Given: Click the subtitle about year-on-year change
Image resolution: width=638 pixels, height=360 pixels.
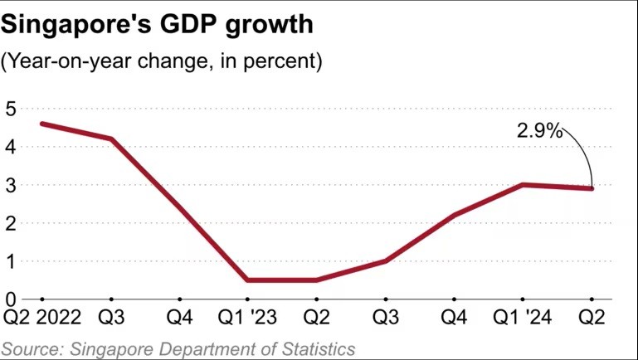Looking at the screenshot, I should click(x=162, y=61).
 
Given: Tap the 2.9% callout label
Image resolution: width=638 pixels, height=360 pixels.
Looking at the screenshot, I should click(x=540, y=130).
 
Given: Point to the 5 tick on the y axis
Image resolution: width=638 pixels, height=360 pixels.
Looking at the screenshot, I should click(x=11, y=109).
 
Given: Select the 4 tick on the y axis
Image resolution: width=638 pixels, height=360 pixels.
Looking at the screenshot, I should click(x=11, y=147).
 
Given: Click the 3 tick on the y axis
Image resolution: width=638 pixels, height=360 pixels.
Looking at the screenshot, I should click(x=11, y=185).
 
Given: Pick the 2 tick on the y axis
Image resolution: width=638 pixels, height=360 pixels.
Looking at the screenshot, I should click(x=11, y=223).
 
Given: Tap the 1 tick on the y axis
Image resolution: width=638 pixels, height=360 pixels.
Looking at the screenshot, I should click(x=11, y=261).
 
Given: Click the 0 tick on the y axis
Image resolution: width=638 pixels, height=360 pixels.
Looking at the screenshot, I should click(x=11, y=299).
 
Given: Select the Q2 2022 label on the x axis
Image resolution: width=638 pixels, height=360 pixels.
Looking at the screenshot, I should click(x=41, y=319).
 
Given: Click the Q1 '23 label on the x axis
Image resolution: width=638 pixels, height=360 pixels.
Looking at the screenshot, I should click(x=248, y=319).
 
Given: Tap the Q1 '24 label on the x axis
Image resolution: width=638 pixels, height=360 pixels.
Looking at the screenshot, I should click(x=523, y=319).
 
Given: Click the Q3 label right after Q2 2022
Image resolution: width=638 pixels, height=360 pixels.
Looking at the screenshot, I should click(x=111, y=319).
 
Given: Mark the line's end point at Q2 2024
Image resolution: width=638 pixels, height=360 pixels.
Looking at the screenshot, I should click(x=592, y=188).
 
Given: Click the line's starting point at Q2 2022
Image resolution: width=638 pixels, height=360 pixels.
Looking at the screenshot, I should click(x=41, y=124).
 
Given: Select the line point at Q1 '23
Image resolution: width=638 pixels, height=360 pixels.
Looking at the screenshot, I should click(x=248, y=280).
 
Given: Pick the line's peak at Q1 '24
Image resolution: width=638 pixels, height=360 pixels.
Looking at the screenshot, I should click(x=523, y=184).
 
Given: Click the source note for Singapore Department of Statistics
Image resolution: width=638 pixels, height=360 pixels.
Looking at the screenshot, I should click(x=178, y=348).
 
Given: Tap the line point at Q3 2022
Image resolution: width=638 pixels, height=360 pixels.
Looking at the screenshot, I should click(x=111, y=139).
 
